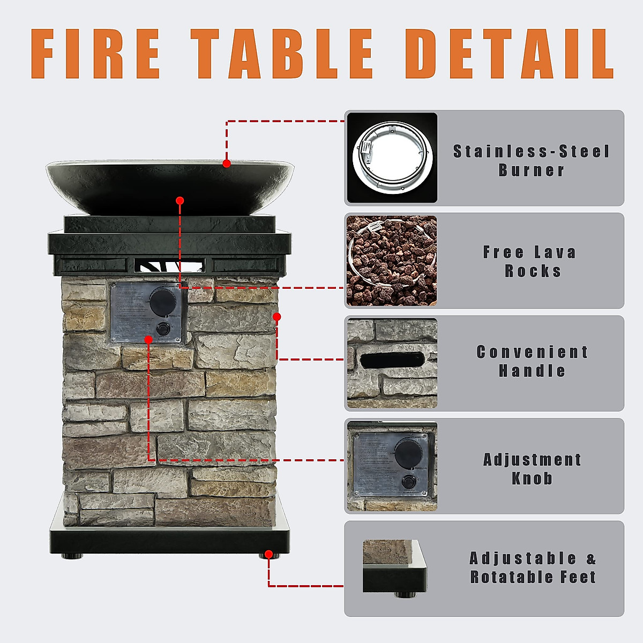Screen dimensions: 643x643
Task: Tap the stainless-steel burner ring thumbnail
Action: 392,158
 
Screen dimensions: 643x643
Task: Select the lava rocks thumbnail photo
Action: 392,260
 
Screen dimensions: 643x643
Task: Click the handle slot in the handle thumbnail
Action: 392,360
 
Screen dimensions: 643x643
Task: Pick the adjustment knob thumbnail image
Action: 392,466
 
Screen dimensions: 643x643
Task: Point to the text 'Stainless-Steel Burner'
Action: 531,161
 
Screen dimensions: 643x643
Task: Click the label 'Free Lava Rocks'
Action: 530,261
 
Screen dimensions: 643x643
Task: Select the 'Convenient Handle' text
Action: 532,361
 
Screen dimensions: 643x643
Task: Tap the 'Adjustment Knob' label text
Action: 532,469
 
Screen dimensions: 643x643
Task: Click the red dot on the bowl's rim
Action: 227,163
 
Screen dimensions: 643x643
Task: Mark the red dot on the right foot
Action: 269,555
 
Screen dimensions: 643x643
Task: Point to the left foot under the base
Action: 71,556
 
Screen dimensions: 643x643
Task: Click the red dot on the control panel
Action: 148,339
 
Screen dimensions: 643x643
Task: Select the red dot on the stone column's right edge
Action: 277,317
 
